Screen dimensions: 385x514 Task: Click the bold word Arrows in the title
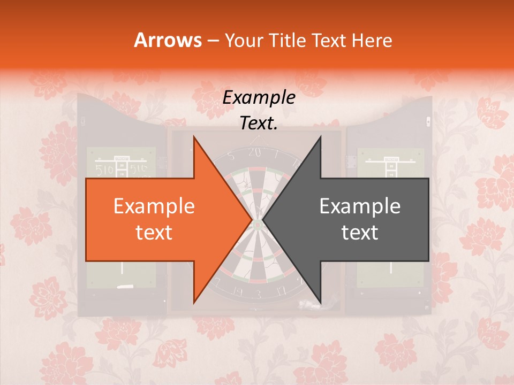[x=168, y=40]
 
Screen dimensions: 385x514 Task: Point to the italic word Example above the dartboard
[x=259, y=98]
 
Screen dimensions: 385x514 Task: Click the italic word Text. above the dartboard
[x=259, y=123]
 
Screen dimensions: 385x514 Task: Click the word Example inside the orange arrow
[x=154, y=206]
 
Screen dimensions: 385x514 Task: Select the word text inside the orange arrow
[x=154, y=232]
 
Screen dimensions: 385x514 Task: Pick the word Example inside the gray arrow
[x=360, y=206]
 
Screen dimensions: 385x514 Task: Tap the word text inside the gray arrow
[x=360, y=232]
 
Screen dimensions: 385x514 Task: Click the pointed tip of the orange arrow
[x=252, y=220]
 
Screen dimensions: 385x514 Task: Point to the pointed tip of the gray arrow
[x=263, y=220]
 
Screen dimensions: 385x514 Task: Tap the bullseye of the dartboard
[x=258, y=224]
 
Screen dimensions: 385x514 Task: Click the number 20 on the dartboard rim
[x=254, y=152]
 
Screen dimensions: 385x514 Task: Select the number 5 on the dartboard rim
[x=231, y=157]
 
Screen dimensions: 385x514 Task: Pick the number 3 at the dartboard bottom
[x=258, y=294]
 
